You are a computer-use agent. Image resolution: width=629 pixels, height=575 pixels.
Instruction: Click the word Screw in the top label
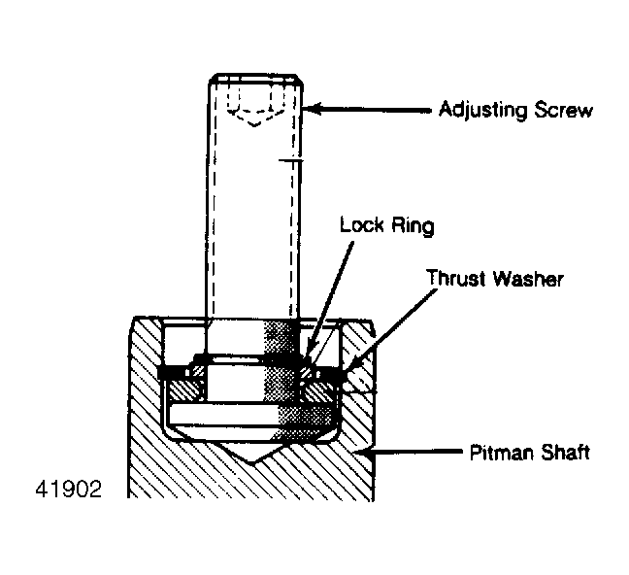(563, 110)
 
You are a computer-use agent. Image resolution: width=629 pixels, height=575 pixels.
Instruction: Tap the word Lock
(361, 225)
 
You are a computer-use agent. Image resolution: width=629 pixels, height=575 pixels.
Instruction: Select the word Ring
(412, 226)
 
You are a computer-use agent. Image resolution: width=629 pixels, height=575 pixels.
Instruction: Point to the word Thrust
(455, 278)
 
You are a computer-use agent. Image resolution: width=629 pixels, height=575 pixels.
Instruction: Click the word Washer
(529, 279)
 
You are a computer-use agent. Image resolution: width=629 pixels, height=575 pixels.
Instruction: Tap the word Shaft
(565, 452)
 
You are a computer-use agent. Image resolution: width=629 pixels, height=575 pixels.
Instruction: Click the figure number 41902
(69, 490)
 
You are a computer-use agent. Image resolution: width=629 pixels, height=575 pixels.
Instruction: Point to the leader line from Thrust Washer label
(391, 329)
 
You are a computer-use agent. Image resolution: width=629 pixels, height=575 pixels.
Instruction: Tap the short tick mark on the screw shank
(289, 161)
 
